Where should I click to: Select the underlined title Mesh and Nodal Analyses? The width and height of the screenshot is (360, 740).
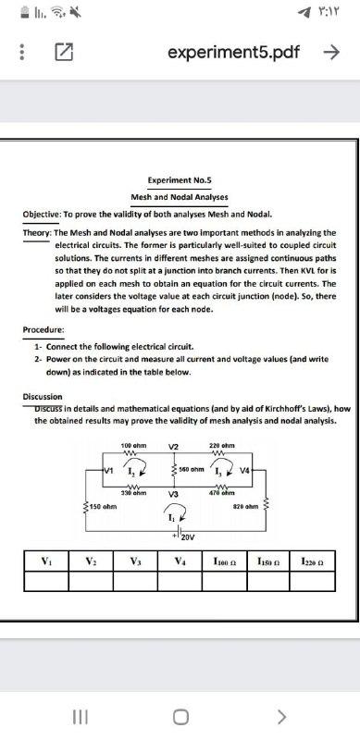(x=180, y=197)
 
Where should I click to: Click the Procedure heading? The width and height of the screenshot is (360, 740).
(x=43, y=330)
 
